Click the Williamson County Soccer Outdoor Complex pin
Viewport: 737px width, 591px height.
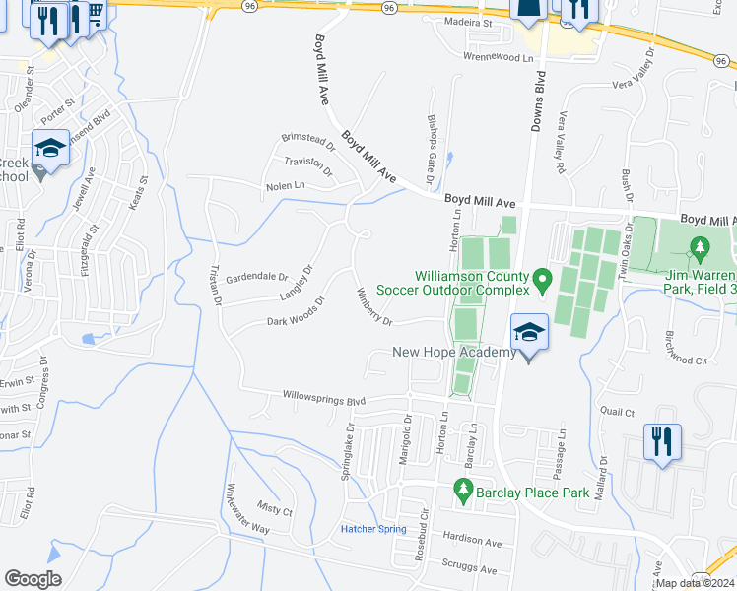(541, 284)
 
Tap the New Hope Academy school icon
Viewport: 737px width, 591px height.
(530, 332)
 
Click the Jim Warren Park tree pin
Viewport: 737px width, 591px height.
(700, 247)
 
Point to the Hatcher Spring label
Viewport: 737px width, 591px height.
(373, 529)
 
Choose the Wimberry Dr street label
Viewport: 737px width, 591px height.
(374, 307)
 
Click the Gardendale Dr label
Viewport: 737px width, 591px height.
(256, 278)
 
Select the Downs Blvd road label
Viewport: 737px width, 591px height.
(540, 99)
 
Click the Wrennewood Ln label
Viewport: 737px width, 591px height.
(504, 58)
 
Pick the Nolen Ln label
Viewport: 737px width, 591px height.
(286, 185)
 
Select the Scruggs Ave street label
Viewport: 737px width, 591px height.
(469, 570)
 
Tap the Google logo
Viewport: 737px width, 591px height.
(33, 579)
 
